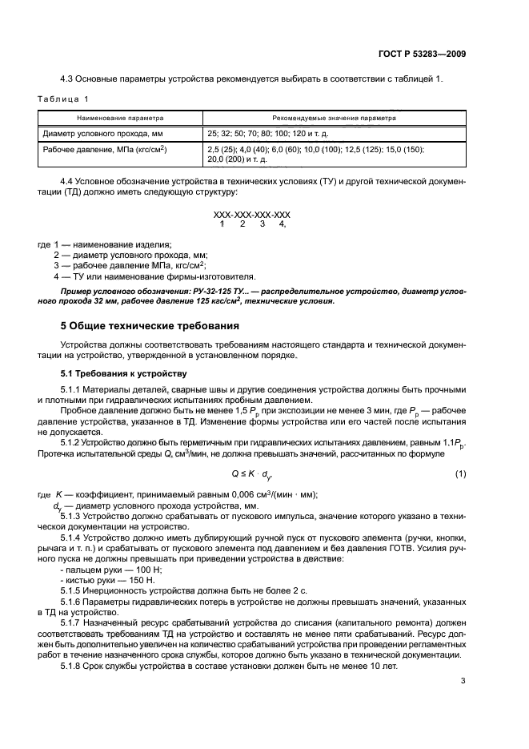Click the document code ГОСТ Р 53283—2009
423,54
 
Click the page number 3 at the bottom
463,681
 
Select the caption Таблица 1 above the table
63,99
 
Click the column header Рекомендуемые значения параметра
334,117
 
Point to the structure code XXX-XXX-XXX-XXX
251,215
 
